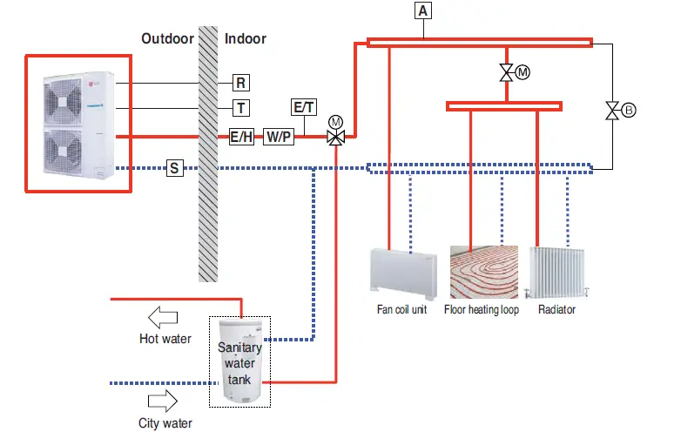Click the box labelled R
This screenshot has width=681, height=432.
pos(241,83)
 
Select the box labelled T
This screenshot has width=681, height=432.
pos(241,108)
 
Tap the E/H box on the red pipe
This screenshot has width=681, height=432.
pos(241,137)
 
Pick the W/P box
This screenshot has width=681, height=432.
pos(279,137)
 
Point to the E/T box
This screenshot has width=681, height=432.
pos(304,107)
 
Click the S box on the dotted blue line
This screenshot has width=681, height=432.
pos(174,168)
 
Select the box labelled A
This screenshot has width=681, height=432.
pos(423,10)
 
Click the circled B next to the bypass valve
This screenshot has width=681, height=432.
pos(628,111)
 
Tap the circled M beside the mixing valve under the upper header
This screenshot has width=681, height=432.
pos(523,72)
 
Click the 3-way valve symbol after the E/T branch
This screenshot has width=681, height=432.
pos(336,138)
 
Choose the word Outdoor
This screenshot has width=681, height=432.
pos(168,38)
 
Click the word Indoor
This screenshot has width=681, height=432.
pos(246,38)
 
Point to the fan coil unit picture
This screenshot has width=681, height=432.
pos(403,274)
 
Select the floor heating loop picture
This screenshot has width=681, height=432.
pos(484,273)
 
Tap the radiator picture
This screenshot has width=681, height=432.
pos(556,273)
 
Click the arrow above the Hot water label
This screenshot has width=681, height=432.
pos(163,317)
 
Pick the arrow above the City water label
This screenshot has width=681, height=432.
pos(163,401)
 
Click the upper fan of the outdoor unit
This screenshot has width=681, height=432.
pos(63,102)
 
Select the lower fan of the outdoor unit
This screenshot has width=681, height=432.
pos(63,152)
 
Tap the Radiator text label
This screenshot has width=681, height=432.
pos(556,309)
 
